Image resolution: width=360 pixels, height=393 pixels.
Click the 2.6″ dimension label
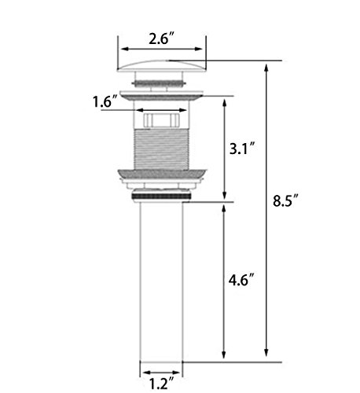tap(161, 39)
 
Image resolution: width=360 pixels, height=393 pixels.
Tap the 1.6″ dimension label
tap(105, 101)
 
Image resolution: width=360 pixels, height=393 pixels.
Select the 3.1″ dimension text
tap(242, 149)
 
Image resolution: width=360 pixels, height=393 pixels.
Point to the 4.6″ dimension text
tap(242, 280)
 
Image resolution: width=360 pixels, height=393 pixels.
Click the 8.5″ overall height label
tap(285, 200)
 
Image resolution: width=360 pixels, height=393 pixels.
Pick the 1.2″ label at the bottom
tap(162, 384)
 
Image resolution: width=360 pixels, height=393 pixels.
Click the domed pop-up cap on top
tap(162, 65)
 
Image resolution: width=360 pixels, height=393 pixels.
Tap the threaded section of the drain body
tap(161, 149)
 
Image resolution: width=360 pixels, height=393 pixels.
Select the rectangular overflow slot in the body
tap(161, 120)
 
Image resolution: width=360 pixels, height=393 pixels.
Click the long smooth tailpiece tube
tap(161, 281)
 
